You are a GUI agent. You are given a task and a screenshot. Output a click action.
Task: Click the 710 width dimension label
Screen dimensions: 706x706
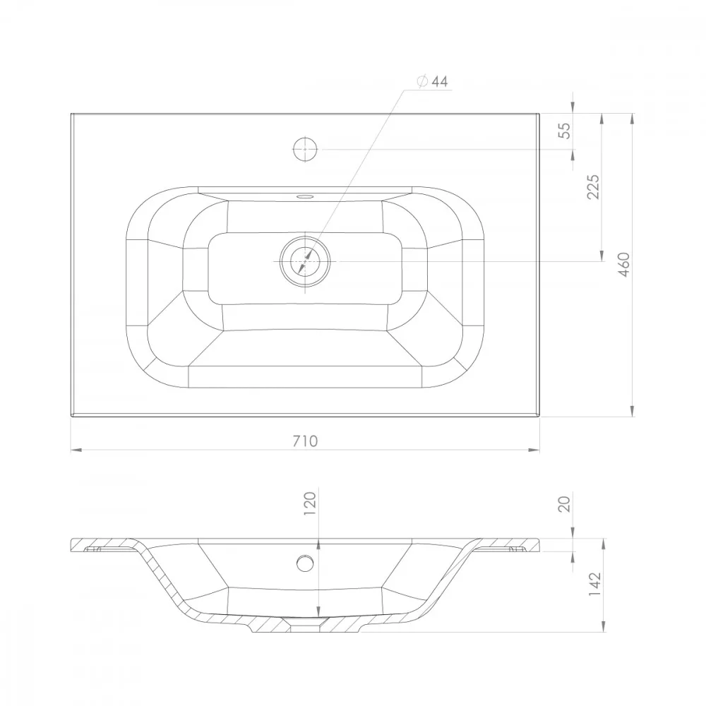coord(305,441)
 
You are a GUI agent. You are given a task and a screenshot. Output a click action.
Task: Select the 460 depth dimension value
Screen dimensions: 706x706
coord(624,265)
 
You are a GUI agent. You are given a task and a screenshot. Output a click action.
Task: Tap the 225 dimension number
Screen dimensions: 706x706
coord(594,187)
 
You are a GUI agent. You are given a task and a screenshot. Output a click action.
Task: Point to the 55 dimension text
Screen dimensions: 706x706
coord(564,131)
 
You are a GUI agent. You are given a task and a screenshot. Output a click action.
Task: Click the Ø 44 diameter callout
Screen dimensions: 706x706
coord(433,81)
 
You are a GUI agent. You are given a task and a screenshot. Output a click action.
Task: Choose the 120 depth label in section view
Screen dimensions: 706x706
coord(310,503)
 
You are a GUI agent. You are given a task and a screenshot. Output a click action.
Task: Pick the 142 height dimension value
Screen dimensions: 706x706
coord(594,585)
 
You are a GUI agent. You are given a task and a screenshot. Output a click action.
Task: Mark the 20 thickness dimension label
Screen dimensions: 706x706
coord(564,504)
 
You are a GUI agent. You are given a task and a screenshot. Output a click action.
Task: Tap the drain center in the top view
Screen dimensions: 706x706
coord(305,261)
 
